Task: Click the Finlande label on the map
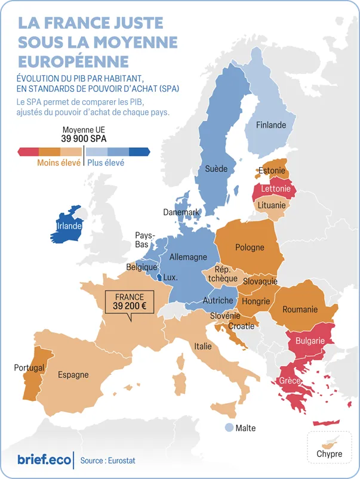271,125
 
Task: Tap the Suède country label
216,169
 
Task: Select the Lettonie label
276,189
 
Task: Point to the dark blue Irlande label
69,227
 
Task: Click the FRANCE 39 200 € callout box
130,302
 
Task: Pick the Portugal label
29,367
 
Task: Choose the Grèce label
290,381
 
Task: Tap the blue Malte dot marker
229,428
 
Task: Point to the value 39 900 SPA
83,138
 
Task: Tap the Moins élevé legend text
59,162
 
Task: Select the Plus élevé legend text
106,162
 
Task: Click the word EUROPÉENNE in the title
73,61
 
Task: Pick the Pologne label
250,248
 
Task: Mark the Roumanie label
300,309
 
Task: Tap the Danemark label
181,212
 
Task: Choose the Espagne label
73,375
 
